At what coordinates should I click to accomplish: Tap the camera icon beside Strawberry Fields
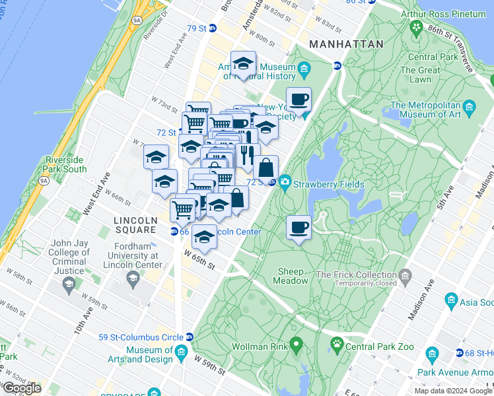[x=285, y=181]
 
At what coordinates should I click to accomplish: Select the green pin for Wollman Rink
[x=296, y=344]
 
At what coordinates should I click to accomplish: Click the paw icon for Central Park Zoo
[x=337, y=343]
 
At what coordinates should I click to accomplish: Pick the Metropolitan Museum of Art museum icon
[x=470, y=106]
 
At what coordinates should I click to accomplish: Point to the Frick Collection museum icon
[x=405, y=274]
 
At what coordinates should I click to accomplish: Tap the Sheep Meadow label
[x=291, y=276]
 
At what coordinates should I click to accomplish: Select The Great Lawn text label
[x=420, y=75]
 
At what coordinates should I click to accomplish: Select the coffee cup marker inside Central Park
[x=299, y=228]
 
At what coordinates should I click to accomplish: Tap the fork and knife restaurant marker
[x=248, y=156]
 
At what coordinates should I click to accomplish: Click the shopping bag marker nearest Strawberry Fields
[x=266, y=168]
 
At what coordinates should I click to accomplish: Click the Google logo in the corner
[x=21, y=388]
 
